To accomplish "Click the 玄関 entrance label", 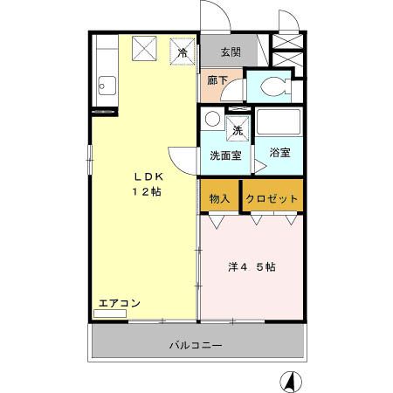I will [x=231, y=51].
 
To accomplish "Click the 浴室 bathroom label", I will [x=279, y=152].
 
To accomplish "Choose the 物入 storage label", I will [x=220, y=198].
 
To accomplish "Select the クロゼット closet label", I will [x=272, y=198].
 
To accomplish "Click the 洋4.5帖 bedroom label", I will [x=252, y=267].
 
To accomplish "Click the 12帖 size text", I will [x=144, y=191].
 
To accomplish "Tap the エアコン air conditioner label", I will [x=119, y=302].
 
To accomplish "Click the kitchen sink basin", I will [x=106, y=86].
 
